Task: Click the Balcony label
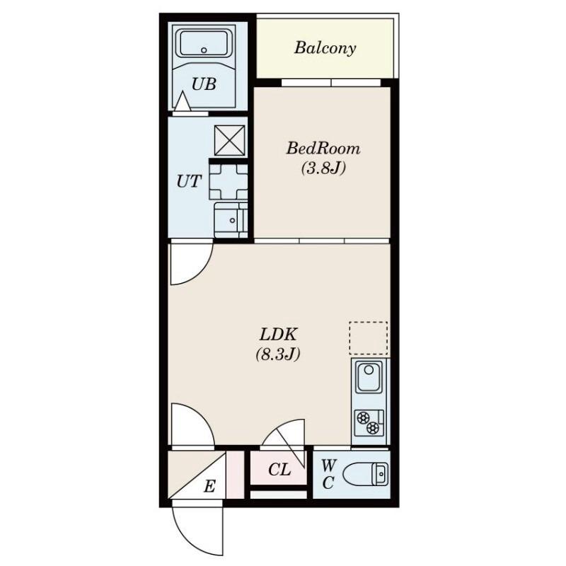325,48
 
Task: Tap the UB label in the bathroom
204,84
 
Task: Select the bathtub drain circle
204,50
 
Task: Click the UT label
188,182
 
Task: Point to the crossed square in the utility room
229,140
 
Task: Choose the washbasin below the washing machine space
228,220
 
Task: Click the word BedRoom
323,149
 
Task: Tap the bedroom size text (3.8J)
323,168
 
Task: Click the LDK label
278,335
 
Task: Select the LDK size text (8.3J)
278,354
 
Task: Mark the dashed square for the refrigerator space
368,338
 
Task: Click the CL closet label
279,470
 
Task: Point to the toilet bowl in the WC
364,475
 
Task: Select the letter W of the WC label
328,466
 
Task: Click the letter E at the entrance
209,486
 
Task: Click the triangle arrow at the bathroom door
183,101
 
